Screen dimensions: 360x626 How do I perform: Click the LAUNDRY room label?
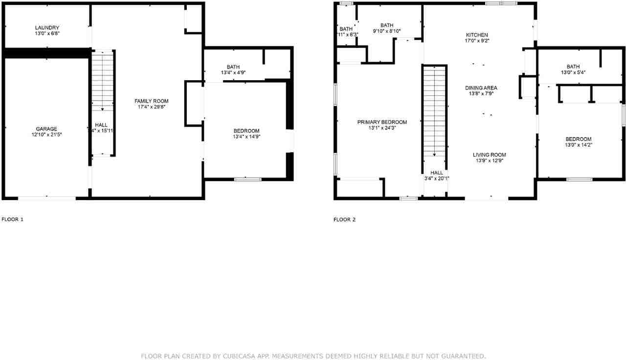47,27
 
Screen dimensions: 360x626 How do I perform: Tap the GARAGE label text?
46,129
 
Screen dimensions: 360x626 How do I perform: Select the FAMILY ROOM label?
152,101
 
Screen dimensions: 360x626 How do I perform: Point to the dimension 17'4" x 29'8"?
152,107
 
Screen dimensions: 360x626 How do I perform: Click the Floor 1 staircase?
103,81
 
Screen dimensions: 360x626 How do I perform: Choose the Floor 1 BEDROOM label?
246,131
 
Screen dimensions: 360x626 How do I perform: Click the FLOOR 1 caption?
13,220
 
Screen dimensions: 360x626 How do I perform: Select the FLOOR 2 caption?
345,220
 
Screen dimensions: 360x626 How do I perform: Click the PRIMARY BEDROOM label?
382,122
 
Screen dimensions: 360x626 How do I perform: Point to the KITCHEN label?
477,35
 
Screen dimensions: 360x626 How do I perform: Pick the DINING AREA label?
481,88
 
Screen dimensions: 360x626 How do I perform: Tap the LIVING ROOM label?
489,155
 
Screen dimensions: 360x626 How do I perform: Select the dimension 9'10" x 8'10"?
387,31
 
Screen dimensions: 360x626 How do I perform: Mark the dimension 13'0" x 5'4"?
573,72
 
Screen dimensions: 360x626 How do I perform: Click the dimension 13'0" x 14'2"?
578,145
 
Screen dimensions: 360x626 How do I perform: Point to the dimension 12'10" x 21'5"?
46,135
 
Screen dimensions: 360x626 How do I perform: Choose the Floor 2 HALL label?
437,173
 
